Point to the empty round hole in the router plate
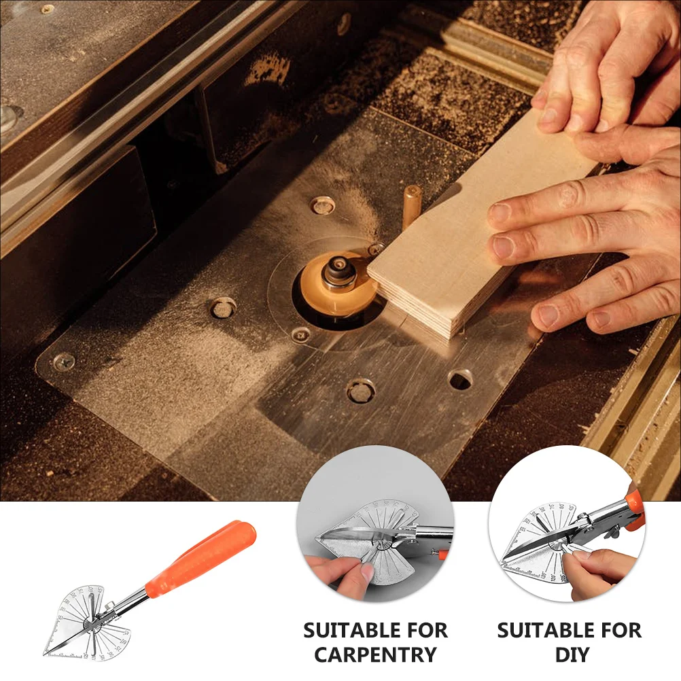coord(460,379)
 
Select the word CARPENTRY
coord(375,655)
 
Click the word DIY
coord(570,655)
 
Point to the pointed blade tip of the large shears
coord(46,653)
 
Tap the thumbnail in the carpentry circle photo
coord(367,572)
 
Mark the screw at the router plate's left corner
coord(64,361)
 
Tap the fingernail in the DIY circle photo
coord(581,554)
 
